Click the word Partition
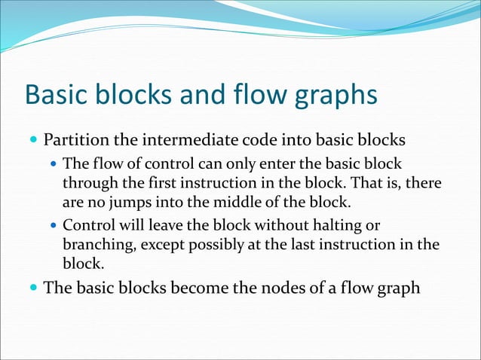[x=78, y=140]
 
